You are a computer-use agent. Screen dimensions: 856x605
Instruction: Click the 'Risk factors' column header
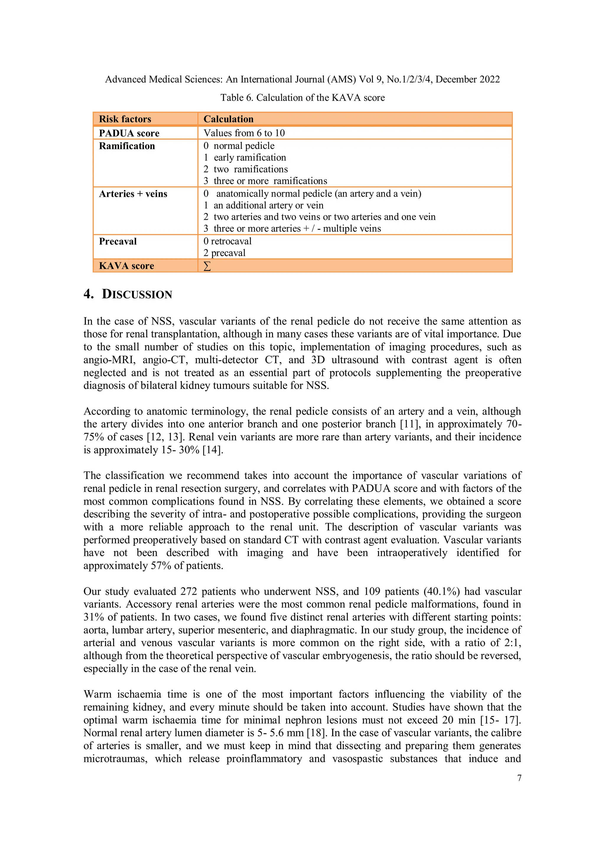tap(125, 119)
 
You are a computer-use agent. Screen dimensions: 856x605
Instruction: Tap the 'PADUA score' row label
tap(129, 133)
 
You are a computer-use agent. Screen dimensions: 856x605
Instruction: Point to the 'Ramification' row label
tap(127, 146)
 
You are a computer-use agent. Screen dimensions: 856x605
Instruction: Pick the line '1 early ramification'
tap(245, 157)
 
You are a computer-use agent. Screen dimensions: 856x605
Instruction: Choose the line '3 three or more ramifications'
tap(265, 181)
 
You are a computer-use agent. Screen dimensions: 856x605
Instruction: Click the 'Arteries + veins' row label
tap(133, 194)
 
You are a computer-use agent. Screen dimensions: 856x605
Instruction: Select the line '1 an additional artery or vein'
tap(264, 205)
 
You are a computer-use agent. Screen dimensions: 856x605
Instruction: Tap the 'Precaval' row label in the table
tap(118, 241)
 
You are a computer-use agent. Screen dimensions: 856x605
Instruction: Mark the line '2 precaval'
tap(225, 253)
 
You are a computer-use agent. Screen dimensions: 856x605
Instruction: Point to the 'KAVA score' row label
tap(126, 266)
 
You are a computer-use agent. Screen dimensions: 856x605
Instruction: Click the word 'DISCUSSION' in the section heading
tap(137, 294)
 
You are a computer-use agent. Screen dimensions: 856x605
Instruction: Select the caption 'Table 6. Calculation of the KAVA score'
tap(302, 98)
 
